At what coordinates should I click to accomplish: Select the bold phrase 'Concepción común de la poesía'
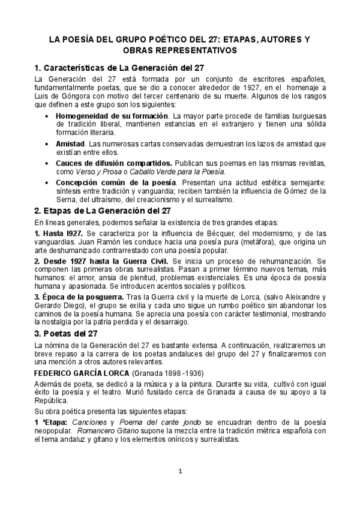click(x=116, y=182)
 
